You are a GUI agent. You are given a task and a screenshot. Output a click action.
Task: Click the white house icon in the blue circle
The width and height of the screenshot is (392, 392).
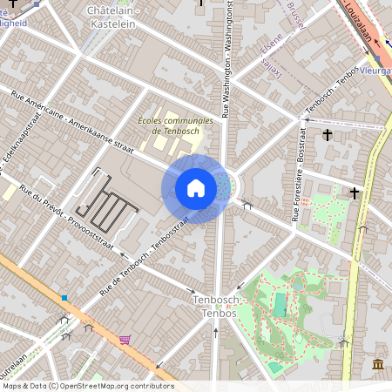coord(196,188)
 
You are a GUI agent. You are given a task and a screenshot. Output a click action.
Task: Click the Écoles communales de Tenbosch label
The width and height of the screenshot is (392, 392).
coord(175,125)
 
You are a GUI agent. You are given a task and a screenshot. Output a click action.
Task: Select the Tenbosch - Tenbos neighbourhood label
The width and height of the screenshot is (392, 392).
coord(213,306)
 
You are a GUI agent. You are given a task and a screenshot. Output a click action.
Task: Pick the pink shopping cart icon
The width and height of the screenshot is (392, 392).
coord(125,339)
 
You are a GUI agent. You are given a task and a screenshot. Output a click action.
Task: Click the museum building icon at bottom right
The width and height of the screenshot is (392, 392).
coord(377,363)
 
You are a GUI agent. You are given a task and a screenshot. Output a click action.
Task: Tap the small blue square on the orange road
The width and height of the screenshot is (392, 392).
coord(64,298)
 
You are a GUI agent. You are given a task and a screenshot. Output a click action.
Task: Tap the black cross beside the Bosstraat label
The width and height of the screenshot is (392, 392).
coord(328,134)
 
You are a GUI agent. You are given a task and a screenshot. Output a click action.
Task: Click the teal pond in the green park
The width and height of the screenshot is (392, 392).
coord(280,305)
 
